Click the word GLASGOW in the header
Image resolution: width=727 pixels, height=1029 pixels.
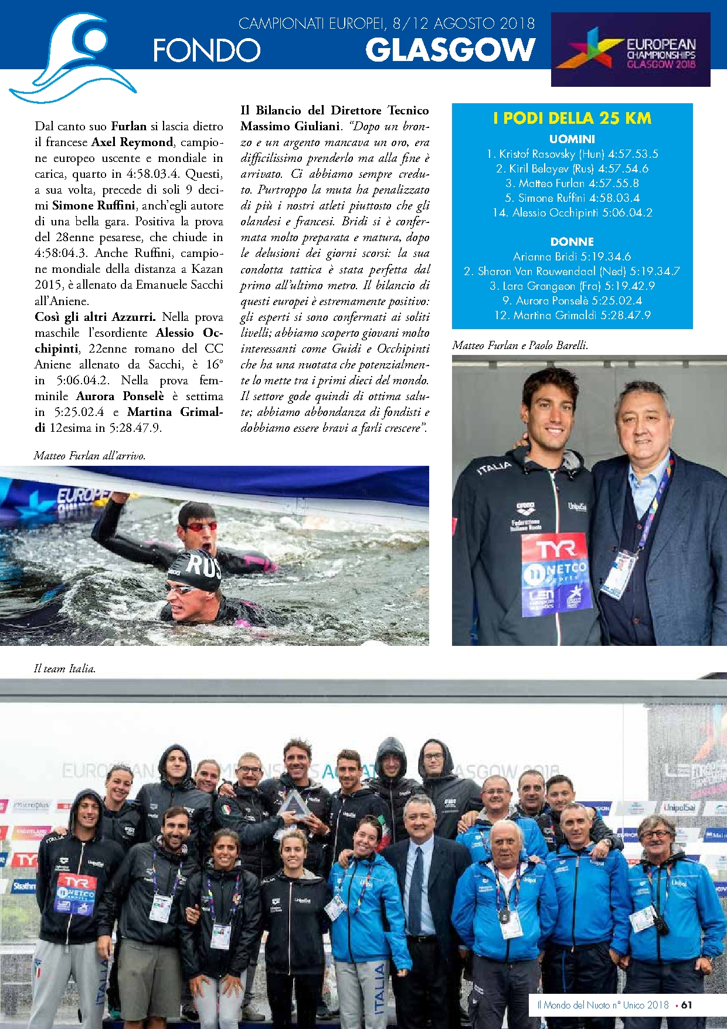coord(450,50)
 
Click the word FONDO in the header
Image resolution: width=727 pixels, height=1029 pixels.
coord(206,50)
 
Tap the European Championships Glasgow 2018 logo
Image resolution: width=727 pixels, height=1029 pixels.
coord(630,50)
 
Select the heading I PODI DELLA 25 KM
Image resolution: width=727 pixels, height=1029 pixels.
coord(572,119)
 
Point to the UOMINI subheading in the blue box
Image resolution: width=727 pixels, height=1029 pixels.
coord(572,139)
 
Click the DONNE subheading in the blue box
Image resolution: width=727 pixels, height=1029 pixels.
coord(572,242)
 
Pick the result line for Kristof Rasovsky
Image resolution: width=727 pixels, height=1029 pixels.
coord(572,154)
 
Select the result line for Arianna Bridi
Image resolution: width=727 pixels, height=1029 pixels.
coord(572,257)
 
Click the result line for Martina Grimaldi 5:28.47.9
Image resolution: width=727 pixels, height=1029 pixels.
coord(572,316)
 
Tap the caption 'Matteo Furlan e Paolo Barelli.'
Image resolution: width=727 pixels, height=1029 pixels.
coord(520,346)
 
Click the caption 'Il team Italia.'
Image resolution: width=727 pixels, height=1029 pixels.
coord(64,669)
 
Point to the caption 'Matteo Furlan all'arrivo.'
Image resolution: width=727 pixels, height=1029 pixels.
coord(90,456)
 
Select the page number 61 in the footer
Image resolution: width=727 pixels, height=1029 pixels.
coord(687,1005)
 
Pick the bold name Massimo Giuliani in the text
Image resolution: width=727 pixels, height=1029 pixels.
coord(290,126)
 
